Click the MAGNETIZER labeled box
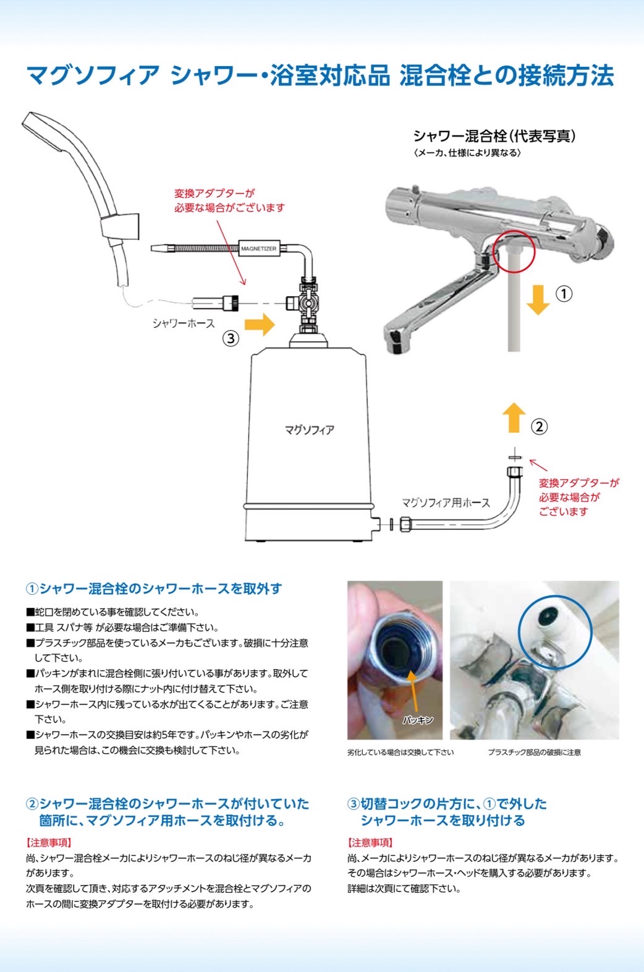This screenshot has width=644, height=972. (258, 249)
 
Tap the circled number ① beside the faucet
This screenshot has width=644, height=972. (564, 293)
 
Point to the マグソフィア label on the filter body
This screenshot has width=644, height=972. (309, 430)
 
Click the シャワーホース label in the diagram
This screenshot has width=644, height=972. (184, 323)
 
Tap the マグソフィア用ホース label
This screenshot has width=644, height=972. (446, 503)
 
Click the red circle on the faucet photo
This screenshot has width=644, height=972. (514, 251)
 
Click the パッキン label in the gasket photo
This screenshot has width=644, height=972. (418, 720)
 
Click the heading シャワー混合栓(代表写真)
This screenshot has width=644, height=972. (494, 136)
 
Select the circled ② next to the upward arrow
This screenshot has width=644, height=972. (539, 426)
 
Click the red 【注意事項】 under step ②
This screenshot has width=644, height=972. (49, 842)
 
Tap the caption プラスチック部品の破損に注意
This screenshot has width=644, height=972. (534, 752)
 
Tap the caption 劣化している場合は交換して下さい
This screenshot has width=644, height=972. (400, 752)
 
